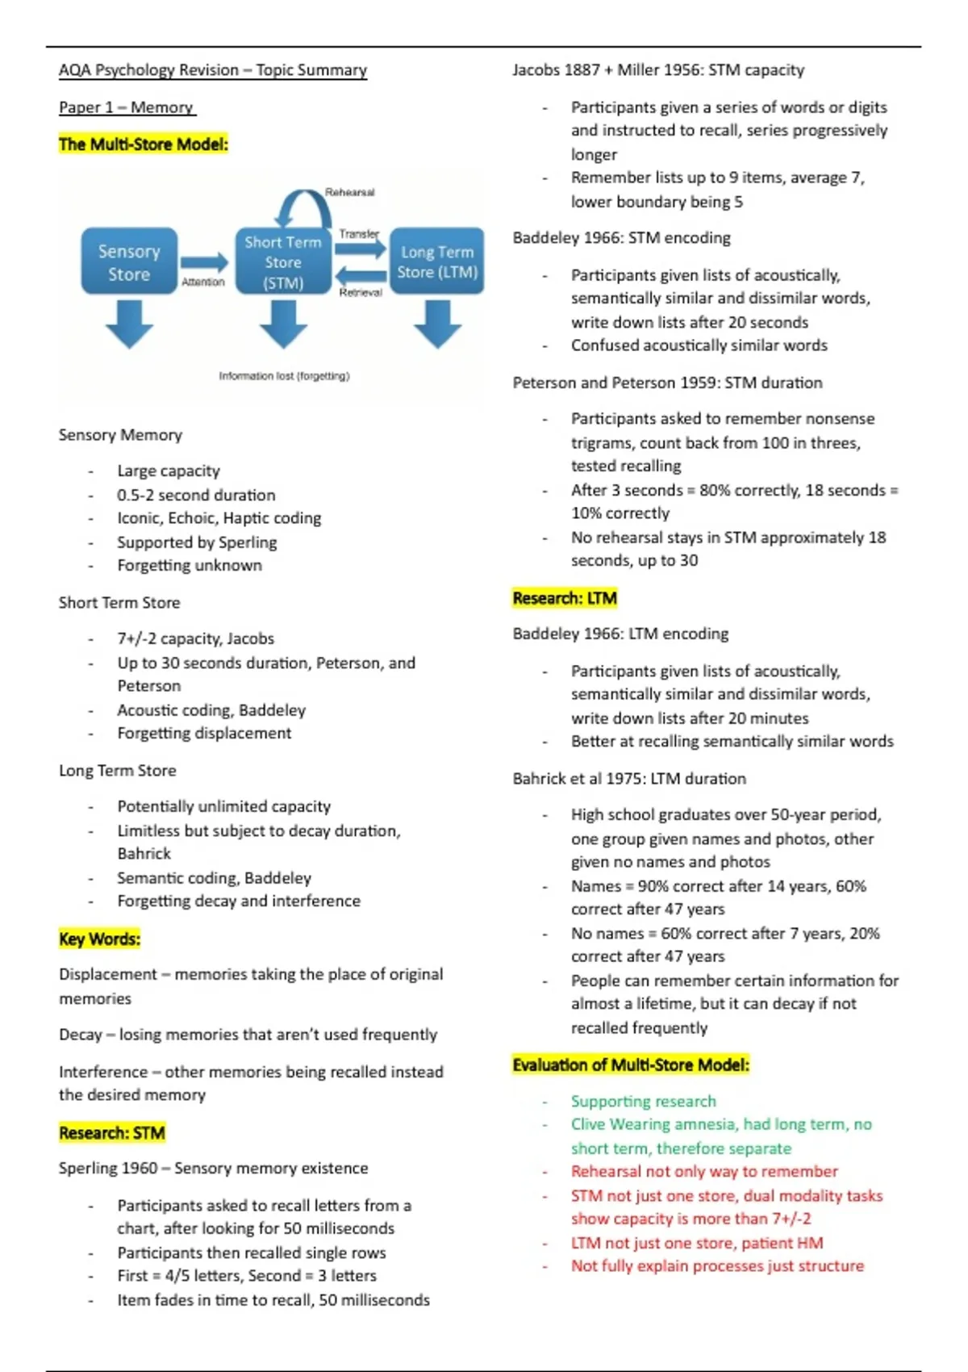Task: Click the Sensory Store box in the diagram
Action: (x=129, y=261)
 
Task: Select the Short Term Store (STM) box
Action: (x=283, y=261)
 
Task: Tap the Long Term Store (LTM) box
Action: (x=436, y=261)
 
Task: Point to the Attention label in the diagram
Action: (x=202, y=282)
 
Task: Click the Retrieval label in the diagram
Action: (x=361, y=292)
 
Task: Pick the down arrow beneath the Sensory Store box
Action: (x=129, y=323)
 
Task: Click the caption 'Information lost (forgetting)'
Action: (x=284, y=376)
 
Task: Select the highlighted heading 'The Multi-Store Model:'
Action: (x=144, y=144)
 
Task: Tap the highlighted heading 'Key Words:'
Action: (x=99, y=939)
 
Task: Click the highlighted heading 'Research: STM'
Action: (x=111, y=1133)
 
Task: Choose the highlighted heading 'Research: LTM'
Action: (x=565, y=598)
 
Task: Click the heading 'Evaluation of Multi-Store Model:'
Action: (x=631, y=1065)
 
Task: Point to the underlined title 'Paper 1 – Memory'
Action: (x=127, y=107)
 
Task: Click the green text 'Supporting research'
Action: (x=643, y=1101)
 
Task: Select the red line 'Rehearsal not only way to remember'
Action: (x=704, y=1171)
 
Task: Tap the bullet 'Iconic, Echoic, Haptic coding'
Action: (x=219, y=518)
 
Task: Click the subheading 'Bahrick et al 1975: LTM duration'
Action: (x=629, y=779)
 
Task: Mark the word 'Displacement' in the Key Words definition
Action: (x=107, y=974)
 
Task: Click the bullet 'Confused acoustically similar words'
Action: (x=699, y=345)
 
